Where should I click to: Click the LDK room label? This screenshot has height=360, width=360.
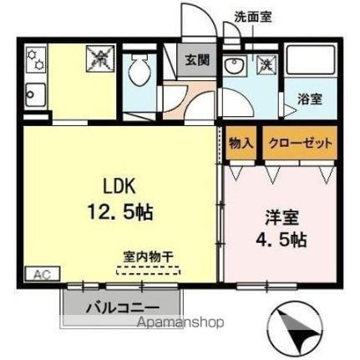118,185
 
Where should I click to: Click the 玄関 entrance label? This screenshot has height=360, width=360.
198,60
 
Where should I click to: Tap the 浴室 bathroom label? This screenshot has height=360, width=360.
310,99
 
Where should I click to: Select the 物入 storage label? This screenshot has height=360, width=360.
241,143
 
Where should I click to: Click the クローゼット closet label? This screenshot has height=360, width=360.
300,143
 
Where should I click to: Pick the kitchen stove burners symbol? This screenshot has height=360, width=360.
36,59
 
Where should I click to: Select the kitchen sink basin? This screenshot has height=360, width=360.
35,92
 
